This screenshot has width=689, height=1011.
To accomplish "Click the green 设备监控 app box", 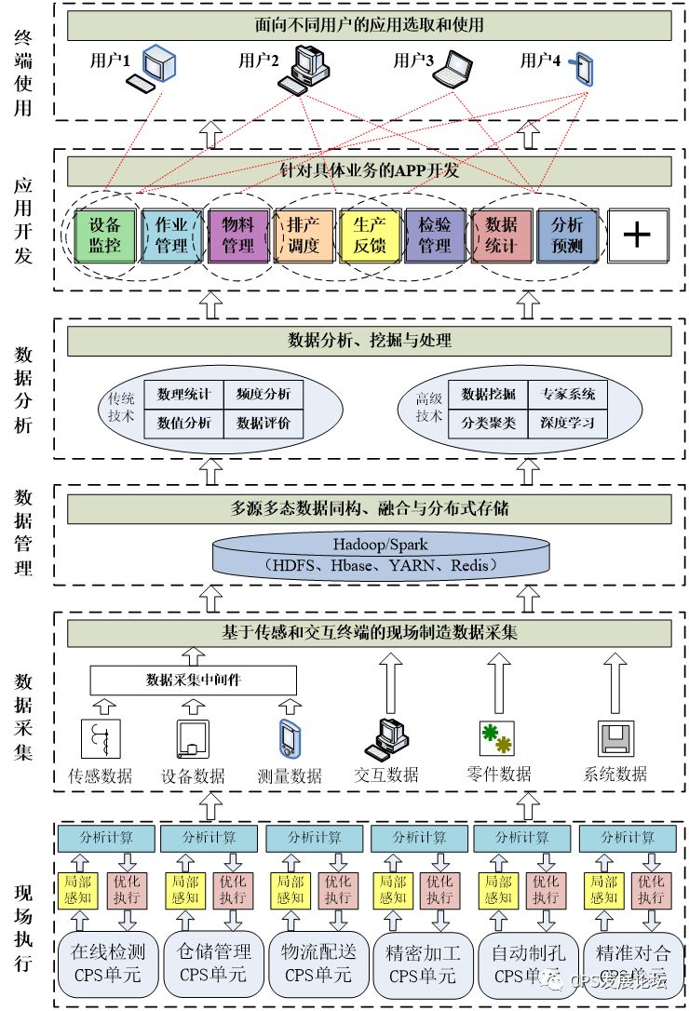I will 106,234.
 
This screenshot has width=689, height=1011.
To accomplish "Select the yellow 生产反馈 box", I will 369,234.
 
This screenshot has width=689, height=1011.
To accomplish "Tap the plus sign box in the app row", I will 637,234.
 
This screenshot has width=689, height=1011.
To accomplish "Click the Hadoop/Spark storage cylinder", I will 369,555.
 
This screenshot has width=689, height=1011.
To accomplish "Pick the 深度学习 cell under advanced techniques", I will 568,423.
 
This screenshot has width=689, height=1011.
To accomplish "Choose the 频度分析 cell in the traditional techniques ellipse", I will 263,394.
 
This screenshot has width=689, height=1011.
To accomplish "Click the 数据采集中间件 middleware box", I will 194,680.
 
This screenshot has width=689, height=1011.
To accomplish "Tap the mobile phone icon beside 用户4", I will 585,68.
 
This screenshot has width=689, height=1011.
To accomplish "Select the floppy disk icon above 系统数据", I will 615,739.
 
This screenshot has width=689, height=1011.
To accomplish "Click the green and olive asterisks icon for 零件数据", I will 496,737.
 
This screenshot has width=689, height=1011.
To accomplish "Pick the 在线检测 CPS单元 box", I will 108,964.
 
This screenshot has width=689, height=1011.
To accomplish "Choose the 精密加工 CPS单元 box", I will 422,964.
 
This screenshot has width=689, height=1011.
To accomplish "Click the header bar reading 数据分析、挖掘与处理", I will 369,341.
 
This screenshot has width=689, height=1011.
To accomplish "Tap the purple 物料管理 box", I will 237,234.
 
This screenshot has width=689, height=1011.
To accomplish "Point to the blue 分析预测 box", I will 567,234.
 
